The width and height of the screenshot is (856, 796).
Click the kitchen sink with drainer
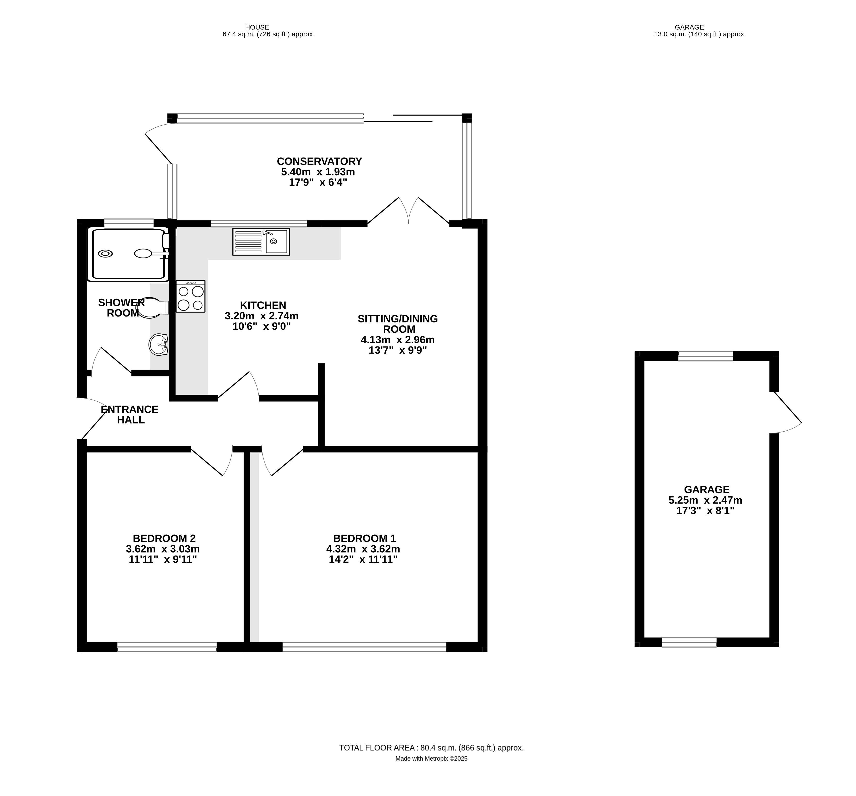(x=261, y=242)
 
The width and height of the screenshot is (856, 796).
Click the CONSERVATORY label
(x=319, y=161)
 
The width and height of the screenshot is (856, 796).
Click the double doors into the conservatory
(x=408, y=211)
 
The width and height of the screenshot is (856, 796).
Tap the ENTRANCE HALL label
(x=130, y=414)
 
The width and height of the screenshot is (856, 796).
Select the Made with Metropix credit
(x=431, y=759)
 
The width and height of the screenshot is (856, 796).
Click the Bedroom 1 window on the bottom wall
(x=364, y=647)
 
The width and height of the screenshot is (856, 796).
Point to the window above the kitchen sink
(x=259, y=223)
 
